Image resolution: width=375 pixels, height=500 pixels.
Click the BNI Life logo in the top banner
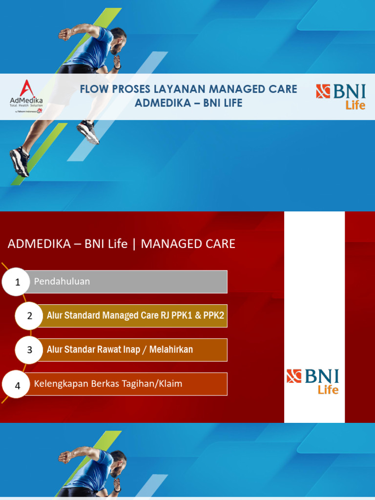(x=340, y=97)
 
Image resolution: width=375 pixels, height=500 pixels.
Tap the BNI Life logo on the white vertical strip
(x=312, y=381)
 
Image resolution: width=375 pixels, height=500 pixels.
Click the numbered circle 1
(x=18, y=282)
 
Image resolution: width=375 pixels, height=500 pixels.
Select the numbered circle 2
(x=30, y=316)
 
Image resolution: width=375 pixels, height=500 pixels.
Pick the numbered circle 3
(x=30, y=350)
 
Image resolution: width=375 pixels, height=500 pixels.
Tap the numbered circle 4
(x=18, y=385)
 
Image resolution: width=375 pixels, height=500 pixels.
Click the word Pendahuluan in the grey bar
(x=62, y=282)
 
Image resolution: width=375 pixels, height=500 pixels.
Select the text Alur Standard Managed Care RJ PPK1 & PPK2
(x=135, y=315)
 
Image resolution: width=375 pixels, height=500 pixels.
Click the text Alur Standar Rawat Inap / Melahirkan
(x=120, y=350)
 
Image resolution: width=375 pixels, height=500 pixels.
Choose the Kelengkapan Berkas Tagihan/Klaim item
(x=108, y=384)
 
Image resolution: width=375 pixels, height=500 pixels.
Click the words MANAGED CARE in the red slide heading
(x=188, y=244)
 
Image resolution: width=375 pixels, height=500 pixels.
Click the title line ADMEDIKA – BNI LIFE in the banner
(x=188, y=104)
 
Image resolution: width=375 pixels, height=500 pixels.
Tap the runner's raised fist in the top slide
(x=65, y=34)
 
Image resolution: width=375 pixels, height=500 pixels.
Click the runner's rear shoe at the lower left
(x=20, y=161)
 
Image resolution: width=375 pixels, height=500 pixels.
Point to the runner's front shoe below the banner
(x=88, y=132)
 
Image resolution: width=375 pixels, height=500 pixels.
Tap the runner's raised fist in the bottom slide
(x=65, y=457)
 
